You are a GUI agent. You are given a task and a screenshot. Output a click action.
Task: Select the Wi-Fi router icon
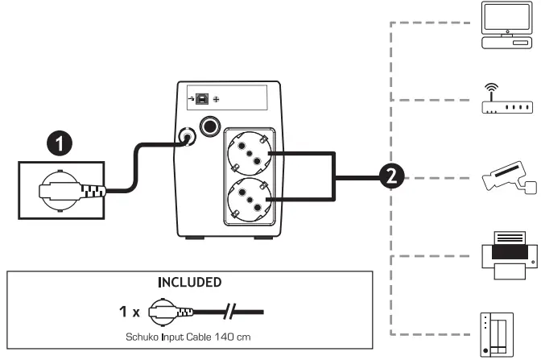(x=505, y=99)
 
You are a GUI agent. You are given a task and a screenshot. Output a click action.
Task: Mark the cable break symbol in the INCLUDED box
(x=232, y=311)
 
